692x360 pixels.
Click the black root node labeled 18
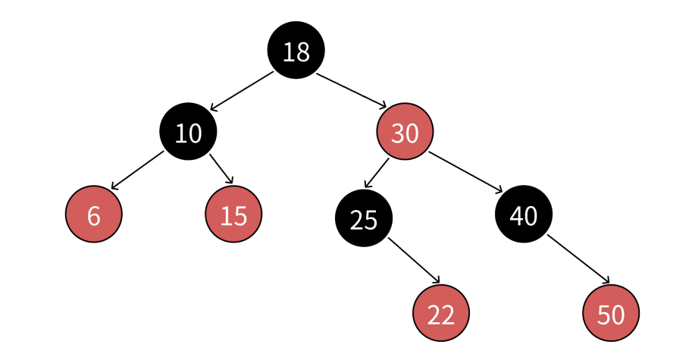point(296,50)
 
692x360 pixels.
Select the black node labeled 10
point(189,131)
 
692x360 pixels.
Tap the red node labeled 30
point(405,131)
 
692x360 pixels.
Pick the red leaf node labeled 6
point(94,214)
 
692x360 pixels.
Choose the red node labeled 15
point(233,214)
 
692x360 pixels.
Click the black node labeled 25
point(364,218)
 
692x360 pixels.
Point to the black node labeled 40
point(524,214)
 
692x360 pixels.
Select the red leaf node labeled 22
point(441,313)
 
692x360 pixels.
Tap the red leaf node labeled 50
point(611,313)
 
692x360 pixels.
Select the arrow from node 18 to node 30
point(351,90)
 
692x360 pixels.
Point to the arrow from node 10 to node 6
point(137,171)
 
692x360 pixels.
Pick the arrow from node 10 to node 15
point(221,169)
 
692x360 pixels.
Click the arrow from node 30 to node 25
point(377,174)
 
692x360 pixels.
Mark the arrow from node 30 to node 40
point(465,173)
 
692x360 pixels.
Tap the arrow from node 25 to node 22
point(414,261)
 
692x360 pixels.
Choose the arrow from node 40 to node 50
point(578,259)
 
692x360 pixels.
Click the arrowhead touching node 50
point(606,280)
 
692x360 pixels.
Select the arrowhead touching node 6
point(114,186)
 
